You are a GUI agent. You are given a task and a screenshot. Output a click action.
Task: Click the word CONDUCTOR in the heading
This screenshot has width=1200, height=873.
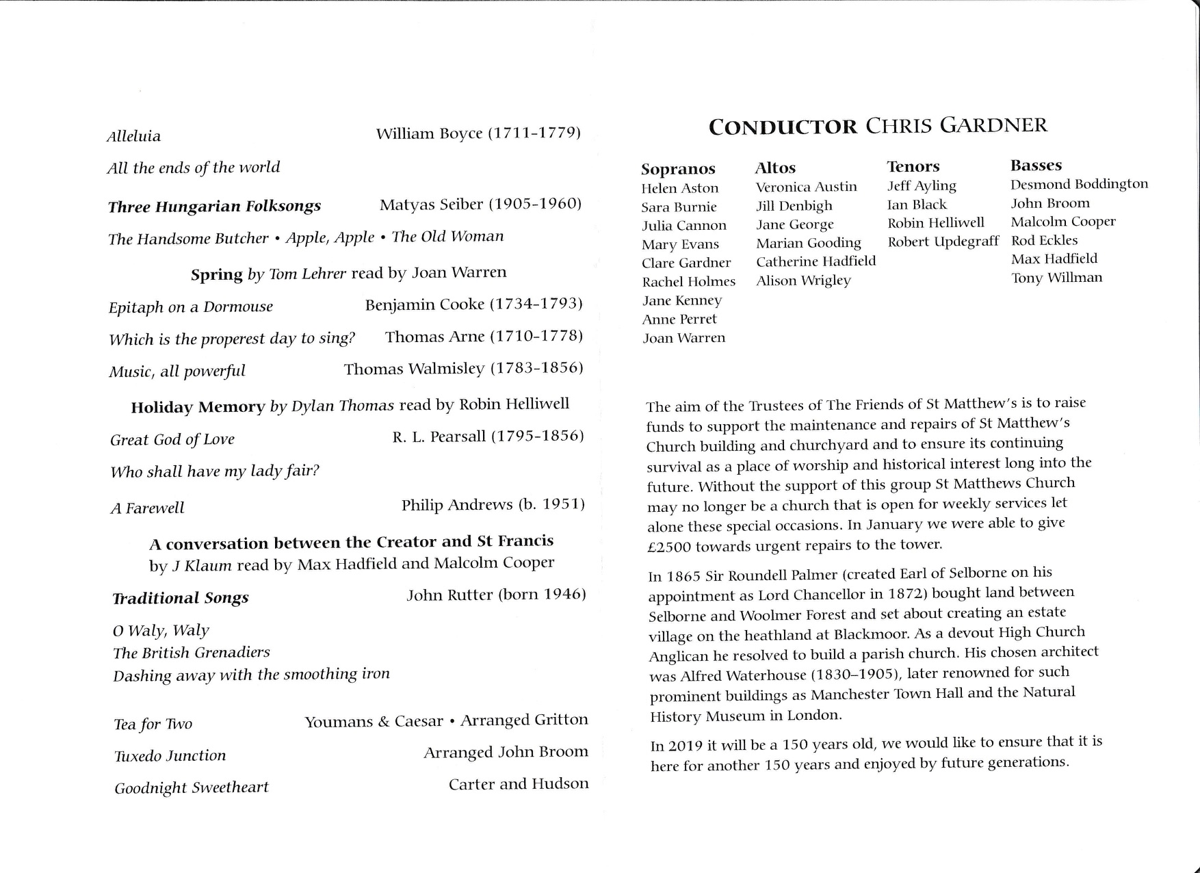783,127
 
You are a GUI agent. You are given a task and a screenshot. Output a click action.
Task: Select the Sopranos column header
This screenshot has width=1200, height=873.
678,169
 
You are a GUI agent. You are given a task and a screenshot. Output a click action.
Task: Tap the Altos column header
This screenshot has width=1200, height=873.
775,168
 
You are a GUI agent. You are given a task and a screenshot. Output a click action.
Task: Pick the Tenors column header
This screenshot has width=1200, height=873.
913,166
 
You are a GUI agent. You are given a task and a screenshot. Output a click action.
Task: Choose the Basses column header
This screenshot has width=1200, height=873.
1036,165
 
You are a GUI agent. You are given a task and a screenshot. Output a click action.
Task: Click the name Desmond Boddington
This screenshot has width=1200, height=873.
1079,184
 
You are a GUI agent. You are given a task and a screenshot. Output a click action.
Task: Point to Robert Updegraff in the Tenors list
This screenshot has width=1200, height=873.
943,242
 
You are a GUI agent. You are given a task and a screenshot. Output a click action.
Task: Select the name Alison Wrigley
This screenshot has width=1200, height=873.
803,281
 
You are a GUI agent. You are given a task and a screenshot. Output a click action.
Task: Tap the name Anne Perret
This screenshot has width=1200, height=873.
679,319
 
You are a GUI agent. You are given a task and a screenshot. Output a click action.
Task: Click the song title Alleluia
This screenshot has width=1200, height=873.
134,136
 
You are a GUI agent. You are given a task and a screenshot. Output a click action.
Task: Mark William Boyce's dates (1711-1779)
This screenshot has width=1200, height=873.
534,133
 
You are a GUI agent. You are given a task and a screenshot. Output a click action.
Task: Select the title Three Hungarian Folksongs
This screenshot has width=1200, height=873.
214,207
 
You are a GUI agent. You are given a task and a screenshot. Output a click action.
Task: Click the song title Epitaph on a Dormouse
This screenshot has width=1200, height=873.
191,307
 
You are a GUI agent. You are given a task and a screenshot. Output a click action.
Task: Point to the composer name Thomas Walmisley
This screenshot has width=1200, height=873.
414,369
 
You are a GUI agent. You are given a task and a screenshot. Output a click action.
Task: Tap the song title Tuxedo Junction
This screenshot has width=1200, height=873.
170,756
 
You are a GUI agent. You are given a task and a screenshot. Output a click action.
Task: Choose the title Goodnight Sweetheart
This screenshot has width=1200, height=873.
192,788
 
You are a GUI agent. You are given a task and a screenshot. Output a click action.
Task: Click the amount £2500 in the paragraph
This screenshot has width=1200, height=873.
669,547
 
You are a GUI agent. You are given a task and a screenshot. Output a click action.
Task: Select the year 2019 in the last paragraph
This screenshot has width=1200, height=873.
685,746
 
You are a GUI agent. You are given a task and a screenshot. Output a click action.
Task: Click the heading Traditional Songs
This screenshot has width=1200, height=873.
181,599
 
